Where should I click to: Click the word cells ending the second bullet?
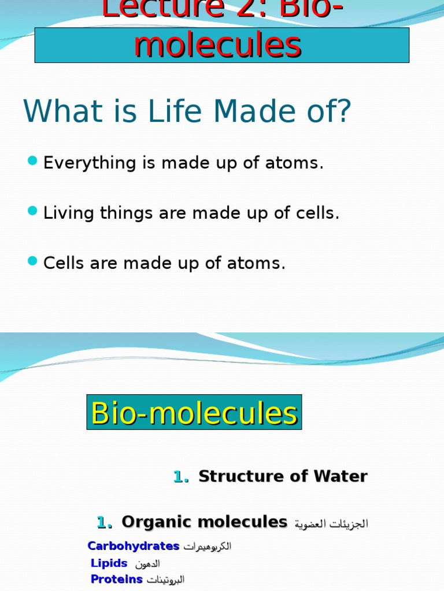(x=317, y=214)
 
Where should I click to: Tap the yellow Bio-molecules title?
(x=194, y=413)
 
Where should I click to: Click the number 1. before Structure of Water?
(x=181, y=477)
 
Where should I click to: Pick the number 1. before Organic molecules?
(x=105, y=523)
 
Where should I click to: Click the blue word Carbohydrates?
(x=134, y=546)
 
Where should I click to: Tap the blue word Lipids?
(x=109, y=563)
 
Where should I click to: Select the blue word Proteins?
(x=117, y=579)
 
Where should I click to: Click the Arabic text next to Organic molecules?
(x=331, y=524)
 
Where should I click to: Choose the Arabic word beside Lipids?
(x=147, y=563)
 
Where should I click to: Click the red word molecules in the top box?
(x=217, y=46)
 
